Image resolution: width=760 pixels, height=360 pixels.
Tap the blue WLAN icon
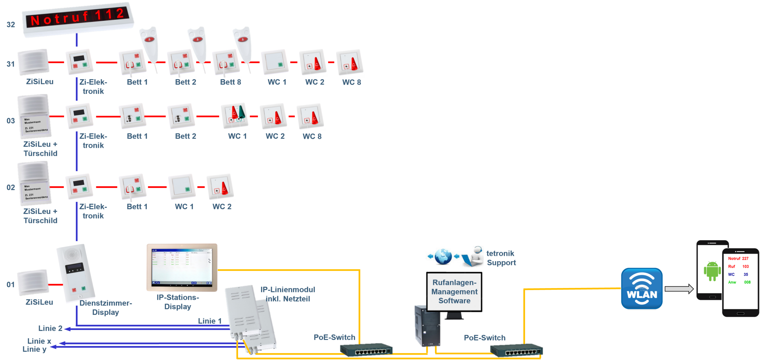point(642,289)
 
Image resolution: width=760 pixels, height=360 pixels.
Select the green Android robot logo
point(712,271)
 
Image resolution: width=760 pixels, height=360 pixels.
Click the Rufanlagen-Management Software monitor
point(454,292)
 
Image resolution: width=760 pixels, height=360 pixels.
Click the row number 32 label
point(11,25)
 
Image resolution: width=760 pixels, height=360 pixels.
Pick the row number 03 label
point(11,121)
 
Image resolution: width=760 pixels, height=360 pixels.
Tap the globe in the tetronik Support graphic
point(443,256)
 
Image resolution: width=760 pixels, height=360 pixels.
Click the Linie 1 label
point(210,321)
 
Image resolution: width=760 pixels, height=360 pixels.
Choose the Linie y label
point(34,349)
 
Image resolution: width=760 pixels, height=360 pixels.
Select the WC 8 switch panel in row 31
point(349,62)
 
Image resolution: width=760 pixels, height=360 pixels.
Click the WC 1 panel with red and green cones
point(235,116)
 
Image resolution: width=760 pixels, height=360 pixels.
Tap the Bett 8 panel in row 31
point(226,62)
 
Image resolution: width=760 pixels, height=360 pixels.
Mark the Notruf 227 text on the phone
point(738,258)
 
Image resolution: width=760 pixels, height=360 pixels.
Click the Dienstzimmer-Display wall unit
point(77,273)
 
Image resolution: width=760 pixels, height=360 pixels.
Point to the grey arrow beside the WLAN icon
point(679,289)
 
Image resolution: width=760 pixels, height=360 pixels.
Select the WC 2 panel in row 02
point(220,186)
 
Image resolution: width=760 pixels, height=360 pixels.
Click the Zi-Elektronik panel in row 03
point(79,116)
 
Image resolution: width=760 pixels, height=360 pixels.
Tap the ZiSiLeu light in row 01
point(33,283)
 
